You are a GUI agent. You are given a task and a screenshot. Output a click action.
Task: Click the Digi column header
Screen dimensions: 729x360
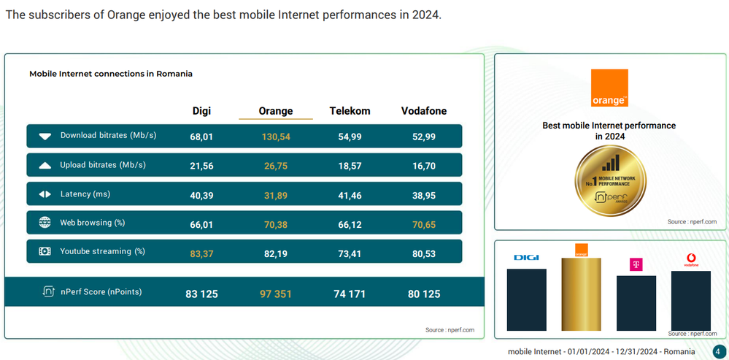point(201,111)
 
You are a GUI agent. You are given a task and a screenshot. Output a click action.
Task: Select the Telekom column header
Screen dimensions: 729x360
point(350,111)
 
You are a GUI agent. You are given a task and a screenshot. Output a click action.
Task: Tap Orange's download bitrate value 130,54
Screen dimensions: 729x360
point(276,137)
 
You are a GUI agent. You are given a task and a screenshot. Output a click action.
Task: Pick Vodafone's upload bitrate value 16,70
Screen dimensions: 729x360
point(424,166)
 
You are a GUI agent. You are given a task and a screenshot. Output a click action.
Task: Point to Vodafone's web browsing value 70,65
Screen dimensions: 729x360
point(424,225)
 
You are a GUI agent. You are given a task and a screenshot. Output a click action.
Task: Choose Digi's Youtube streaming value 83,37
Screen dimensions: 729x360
point(201,254)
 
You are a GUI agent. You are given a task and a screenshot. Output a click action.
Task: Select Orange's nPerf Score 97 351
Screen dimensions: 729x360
point(276,294)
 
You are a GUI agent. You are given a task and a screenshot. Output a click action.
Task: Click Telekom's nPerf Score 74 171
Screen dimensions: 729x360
point(350,294)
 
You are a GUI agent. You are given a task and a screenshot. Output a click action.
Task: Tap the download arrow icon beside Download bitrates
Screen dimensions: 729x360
point(45,137)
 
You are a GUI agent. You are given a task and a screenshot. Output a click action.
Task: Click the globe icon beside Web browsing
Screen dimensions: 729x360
point(45,222)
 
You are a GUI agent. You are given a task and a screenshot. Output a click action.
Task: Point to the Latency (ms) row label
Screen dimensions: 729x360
point(85,194)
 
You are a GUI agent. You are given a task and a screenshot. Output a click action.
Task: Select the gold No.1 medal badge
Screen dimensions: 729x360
point(611,180)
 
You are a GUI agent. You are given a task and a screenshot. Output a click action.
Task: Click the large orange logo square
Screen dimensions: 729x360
point(609,88)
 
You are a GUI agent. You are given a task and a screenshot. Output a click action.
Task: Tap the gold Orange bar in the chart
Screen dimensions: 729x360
point(581,294)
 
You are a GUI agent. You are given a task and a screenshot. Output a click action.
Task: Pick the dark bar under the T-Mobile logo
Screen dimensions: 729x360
point(636,303)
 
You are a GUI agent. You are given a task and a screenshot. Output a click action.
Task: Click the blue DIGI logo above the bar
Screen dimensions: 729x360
point(526,257)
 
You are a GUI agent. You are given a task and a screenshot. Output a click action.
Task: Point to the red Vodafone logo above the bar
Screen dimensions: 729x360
point(691,259)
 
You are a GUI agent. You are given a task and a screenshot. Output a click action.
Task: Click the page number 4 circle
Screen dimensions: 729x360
point(719,351)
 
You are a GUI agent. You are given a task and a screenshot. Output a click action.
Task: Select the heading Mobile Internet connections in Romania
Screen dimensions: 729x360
point(111,74)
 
